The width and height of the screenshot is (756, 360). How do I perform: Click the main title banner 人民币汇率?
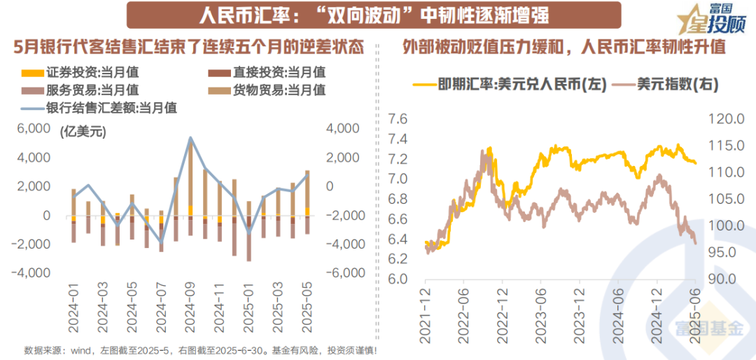pyautogui.click(x=363, y=15)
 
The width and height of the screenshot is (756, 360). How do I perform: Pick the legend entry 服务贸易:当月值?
pyautogui.click(x=80, y=90)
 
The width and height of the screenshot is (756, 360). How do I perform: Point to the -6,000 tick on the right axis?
pyautogui.click(x=342, y=273)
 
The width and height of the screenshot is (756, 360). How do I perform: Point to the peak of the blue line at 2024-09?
pyautogui.click(x=190, y=138)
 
